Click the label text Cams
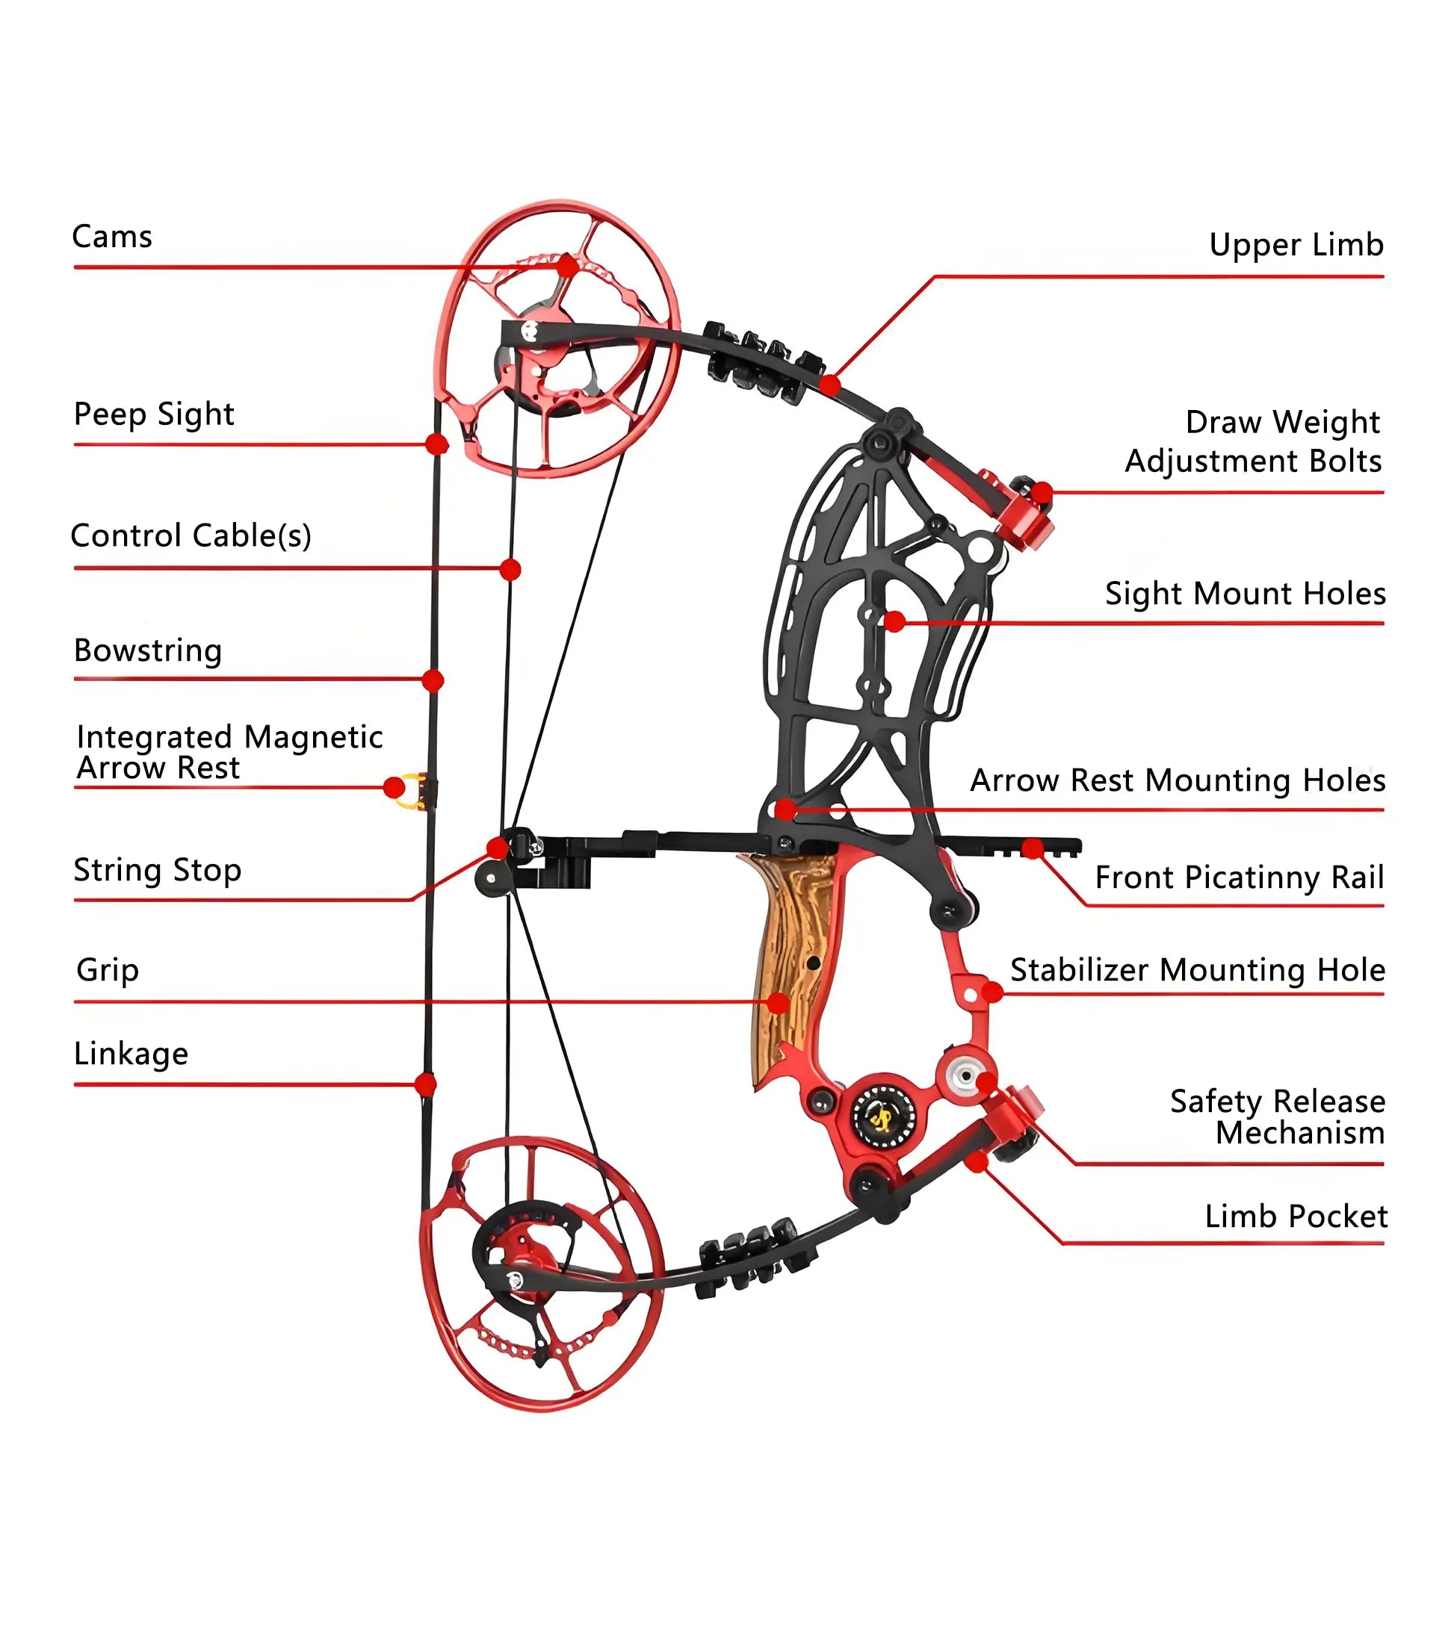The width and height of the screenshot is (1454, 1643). click(x=112, y=237)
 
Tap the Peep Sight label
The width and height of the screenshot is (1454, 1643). click(x=154, y=414)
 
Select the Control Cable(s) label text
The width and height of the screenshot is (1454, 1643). click(x=191, y=535)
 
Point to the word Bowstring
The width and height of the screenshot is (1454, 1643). click(x=148, y=650)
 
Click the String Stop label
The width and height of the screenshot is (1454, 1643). click(x=158, y=870)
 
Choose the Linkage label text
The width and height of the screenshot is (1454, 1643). click(x=131, y=1053)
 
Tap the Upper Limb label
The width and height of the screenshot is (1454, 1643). click(x=1296, y=244)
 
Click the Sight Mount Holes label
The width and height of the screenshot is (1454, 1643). click(x=1245, y=593)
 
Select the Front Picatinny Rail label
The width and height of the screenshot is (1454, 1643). click(x=1240, y=877)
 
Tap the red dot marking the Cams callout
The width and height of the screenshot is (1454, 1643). click(x=568, y=265)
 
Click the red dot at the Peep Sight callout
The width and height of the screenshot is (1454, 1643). click(x=436, y=444)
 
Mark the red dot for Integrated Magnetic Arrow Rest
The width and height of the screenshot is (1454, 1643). click(x=394, y=787)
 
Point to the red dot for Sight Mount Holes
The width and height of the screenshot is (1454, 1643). click(x=894, y=621)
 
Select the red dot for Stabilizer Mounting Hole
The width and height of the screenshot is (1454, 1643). click(x=993, y=993)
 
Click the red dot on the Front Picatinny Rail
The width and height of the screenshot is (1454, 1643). click(x=1033, y=848)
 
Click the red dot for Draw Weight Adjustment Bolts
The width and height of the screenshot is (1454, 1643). click(x=1042, y=492)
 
